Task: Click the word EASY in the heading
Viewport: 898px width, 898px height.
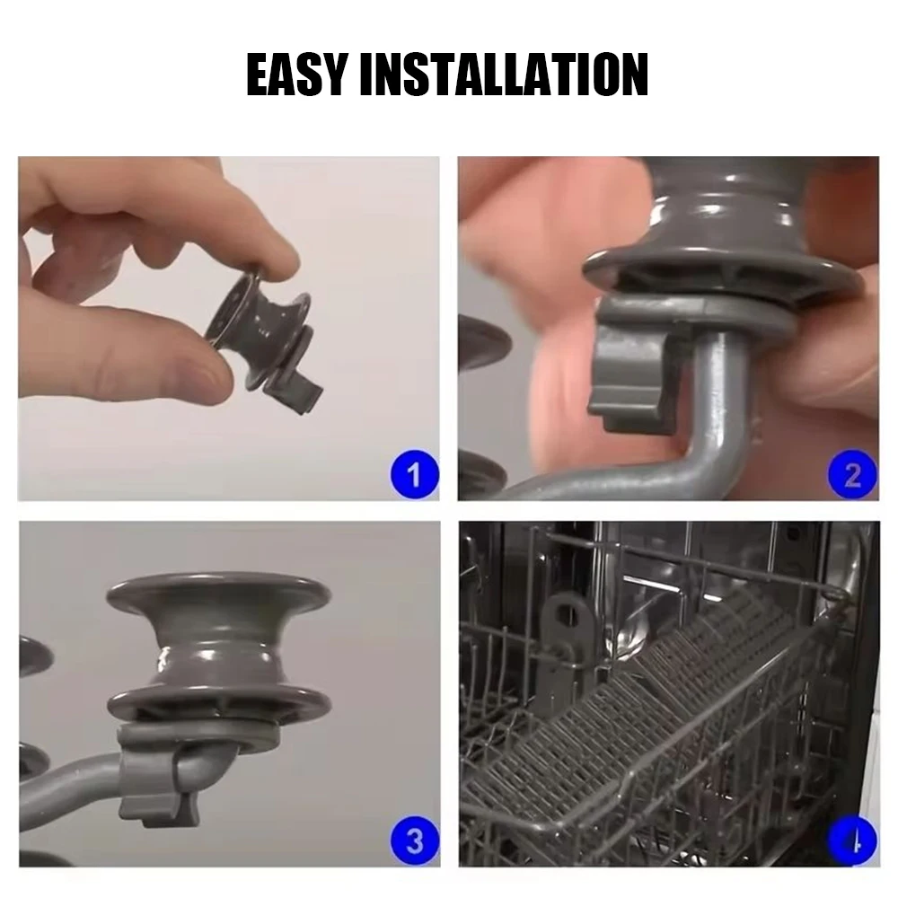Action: point(299,75)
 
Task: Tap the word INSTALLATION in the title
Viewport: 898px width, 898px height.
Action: point(503,75)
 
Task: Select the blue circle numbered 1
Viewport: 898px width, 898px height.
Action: point(413,473)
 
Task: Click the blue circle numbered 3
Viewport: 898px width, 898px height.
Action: point(413,841)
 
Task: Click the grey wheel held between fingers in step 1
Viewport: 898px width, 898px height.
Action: point(260,328)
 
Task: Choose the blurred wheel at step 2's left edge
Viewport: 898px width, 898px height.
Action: point(480,341)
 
